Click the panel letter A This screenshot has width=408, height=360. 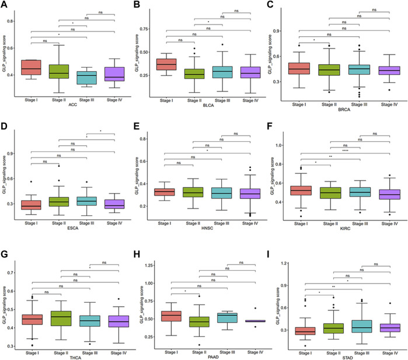[x=4, y=5]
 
